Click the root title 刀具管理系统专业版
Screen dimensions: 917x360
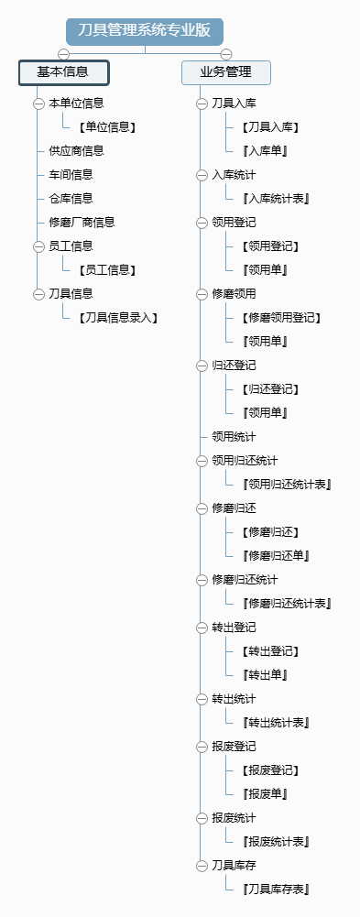(145, 30)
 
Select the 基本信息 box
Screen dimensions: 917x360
(63, 71)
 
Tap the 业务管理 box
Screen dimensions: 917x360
(225, 72)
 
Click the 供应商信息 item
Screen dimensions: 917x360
(76, 150)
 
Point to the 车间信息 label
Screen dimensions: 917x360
(71, 174)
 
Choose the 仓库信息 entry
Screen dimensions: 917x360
(71, 198)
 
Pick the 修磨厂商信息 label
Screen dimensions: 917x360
(82, 222)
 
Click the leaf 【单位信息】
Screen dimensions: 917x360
(107, 127)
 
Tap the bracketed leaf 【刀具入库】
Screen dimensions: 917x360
(270, 127)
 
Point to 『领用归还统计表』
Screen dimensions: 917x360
(287, 485)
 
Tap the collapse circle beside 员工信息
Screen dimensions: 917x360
(38, 246)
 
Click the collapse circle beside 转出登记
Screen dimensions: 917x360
(202, 628)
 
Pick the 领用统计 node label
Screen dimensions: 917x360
(234, 437)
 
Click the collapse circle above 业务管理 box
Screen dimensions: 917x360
(226, 53)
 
